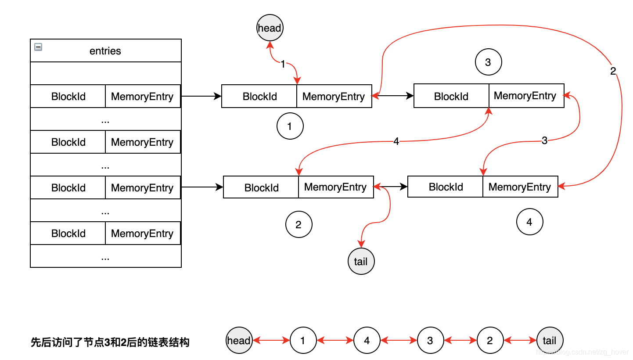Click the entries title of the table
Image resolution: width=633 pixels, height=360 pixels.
pyautogui.click(x=105, y=51)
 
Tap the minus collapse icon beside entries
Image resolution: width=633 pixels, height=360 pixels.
pyautogui.click(x=38, y=47)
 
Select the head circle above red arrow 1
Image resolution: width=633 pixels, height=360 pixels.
pyautogui.click(x=270, y=28)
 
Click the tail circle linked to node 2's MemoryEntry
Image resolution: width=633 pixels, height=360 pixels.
pyautogui.click(x=361, y=262)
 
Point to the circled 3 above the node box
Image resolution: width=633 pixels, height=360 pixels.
pyautogui.click(x=488, y=62)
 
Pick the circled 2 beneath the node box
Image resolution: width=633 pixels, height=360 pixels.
pyautogui.click(x=299, y=225)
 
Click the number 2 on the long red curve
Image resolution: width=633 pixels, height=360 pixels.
pyautogui.click(x=613, y=71)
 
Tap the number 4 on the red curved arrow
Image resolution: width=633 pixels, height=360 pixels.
pyautogui.click(x=396, y=142)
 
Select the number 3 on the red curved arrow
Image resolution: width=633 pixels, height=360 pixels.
pyautogui.click(x=544, y=141)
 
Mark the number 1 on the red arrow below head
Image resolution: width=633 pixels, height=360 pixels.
pyautogui.click(x=283, y=65)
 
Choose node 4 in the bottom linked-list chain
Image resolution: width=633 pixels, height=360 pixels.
pyautogui.click(x=367, y=341)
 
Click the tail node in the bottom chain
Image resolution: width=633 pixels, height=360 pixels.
pyautogui.click(x=550, y=341)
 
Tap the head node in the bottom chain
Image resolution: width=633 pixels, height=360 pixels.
pyautogui.click(x=239, y=341)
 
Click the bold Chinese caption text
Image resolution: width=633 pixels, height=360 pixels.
pyautogui.click(x=110, y=342)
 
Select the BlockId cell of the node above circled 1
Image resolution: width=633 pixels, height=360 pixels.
pyautogui.click(x=259, y=97)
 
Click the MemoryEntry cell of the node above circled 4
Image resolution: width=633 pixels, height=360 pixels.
pyautogui.click(x=520, y=187)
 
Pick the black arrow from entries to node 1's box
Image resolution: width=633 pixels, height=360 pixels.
pyautogui.click(x=201, y=96)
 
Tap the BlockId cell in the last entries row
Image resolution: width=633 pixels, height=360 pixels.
pyautogui.click(x=68, y=234)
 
